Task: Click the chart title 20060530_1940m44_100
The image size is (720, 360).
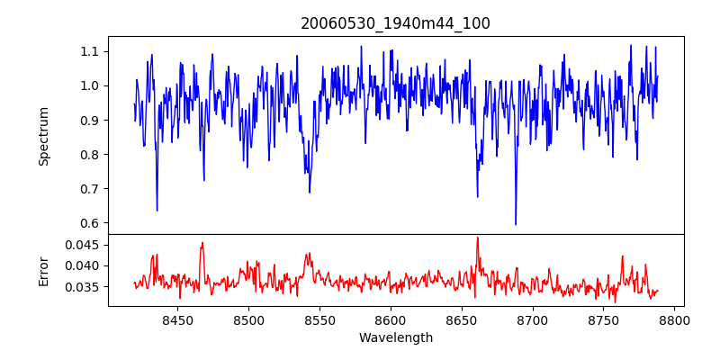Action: click(395, 23)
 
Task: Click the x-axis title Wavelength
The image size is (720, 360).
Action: click(395, 337)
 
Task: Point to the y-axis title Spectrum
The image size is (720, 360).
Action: click(44, 136)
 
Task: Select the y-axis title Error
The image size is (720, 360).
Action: click(44, 270)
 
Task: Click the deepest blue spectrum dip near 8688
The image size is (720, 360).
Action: click(516, 224)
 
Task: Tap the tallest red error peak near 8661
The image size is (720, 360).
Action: click(477, 238)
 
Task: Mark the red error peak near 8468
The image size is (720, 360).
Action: click(202, 243)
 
